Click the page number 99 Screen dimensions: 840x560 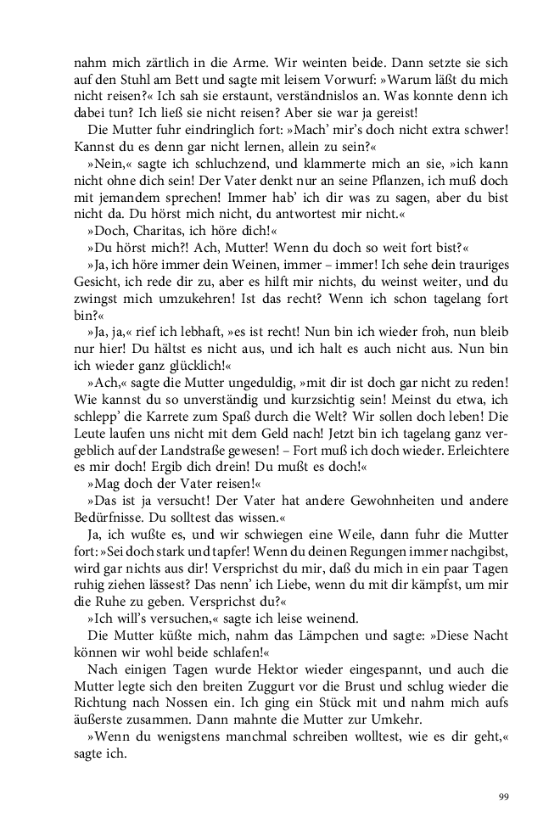coord(503,797)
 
